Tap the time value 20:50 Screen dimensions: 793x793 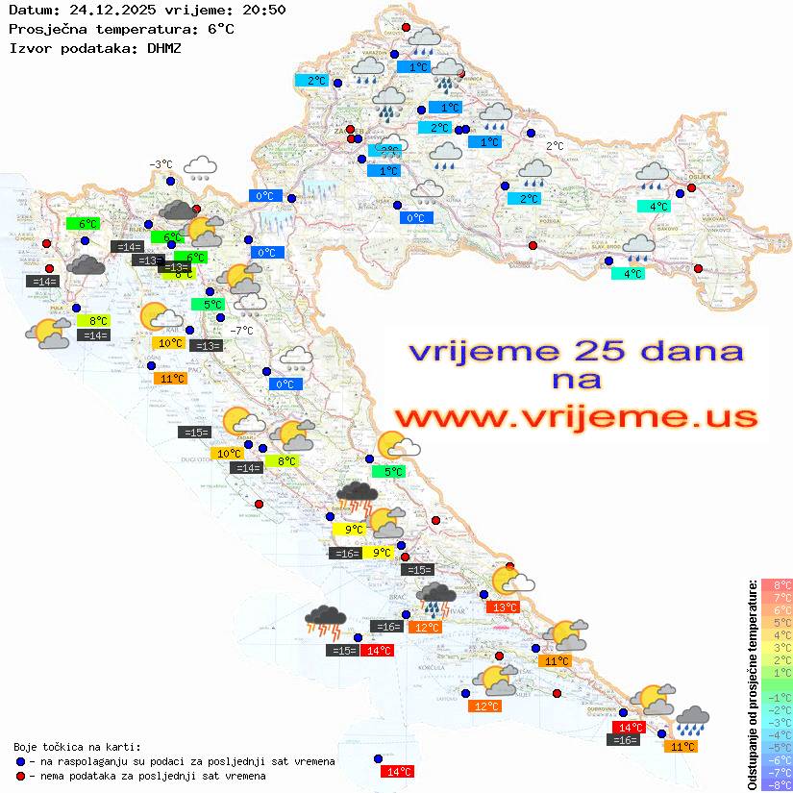click(264, 11)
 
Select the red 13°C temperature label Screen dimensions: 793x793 click(504, 607)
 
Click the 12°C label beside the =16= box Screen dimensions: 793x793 click(426, 627)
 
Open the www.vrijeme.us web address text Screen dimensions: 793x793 click(575, 417)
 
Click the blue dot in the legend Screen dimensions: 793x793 click(20, 761)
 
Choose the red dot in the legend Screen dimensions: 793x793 click(20, 776)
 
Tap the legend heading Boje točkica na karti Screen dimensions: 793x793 click(77, 747)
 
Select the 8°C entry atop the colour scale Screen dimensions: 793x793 click(777, 585)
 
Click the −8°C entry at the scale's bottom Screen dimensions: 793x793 click(777, 784)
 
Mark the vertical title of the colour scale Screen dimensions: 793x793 click(752, 683)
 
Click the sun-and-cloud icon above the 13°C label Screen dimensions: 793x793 click(510, 581)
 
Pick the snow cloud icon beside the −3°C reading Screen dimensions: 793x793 click(200, 168)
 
